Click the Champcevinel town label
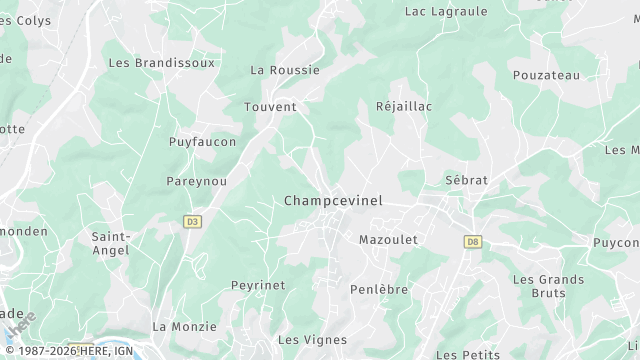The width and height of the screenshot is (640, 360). point(333,201)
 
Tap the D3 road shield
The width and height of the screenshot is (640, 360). point(193,221)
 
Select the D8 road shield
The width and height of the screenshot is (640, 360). point(473,241)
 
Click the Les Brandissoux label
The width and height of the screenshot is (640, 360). point(161,62)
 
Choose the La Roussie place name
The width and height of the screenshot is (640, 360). point(285,70)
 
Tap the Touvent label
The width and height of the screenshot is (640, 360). point(270,106)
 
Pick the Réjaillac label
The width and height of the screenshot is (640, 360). point(403,106)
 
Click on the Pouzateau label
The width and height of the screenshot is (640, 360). point(546,75)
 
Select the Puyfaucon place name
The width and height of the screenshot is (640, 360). point(203,142)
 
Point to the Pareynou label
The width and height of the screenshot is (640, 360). point(196,182)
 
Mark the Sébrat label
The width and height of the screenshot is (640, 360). point(466,180)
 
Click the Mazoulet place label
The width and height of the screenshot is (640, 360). point(388,240)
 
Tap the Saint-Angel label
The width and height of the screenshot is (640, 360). point(110,243)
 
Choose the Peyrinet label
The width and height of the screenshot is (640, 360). point(258,285)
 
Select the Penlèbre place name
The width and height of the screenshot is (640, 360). point(379,289)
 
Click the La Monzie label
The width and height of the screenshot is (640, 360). point(184,327)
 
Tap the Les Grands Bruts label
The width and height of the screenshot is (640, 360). point(548,286)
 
